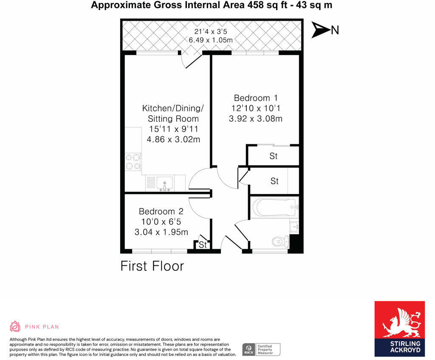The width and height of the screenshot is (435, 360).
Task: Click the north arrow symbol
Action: coord(321,30)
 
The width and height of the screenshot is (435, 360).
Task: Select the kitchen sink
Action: coord(164,183)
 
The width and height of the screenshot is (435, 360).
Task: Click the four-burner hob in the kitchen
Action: coord(133,162)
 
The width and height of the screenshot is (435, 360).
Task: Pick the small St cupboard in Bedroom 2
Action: coord(203,245)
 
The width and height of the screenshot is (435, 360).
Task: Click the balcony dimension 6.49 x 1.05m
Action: coord(210,40)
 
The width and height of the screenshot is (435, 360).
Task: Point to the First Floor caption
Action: coord(152,266)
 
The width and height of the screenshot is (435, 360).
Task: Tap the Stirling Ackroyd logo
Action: coord(399,329)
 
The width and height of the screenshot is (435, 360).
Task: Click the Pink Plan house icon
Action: coord(15,326)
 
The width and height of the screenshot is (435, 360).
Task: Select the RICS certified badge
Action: coord(261,349)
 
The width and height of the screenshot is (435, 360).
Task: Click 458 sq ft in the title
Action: coord(269,6)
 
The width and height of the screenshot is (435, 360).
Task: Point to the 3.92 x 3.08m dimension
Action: coord(256,119)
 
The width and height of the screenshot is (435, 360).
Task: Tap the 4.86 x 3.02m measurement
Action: coord(173,139)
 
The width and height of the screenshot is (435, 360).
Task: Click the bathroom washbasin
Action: coord(294,227)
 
